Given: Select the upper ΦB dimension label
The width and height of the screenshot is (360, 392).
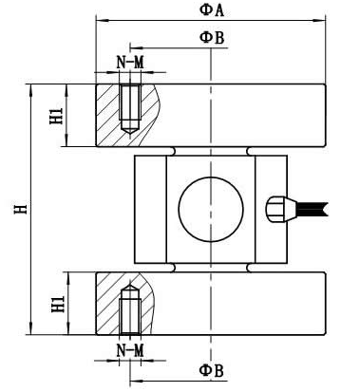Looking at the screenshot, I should click(211, 36).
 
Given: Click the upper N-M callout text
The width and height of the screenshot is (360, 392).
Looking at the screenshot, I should click(130, 62).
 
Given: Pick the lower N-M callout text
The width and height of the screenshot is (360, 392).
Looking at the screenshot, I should click(130, 351).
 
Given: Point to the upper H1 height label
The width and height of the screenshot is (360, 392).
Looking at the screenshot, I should click(56, 116).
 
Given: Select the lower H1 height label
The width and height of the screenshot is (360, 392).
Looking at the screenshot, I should click(56, 303).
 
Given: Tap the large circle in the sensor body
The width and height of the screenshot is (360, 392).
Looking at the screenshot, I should click(210, 209).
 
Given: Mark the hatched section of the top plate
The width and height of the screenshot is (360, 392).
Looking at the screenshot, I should click(109, 119).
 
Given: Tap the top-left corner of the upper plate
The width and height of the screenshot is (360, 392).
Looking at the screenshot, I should click(95, 84).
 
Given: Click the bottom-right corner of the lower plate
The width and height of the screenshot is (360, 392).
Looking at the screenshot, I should click(325, 334).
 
